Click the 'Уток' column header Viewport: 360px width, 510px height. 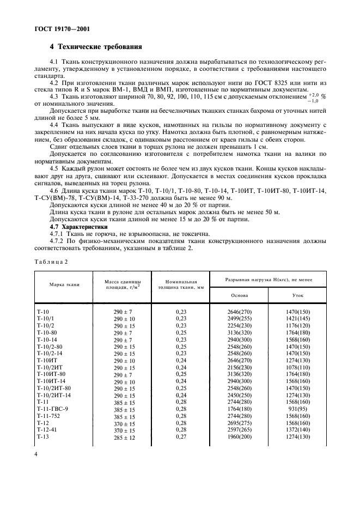pyautogui.click(x=297, y=295)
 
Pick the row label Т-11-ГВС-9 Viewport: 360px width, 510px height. pyautogui.click(x=52, y=408)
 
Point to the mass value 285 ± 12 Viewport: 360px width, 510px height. pyautogui.click(x=123, y=436)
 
